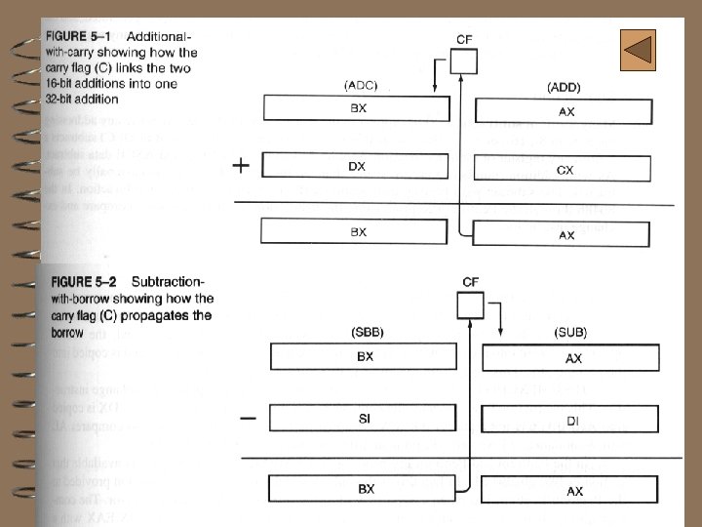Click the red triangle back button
[x=638, y=50]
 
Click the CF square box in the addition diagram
[x=463, y=62]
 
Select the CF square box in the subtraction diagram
[x=470, y=306]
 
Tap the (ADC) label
[x=360, y=86]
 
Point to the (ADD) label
[x=564, y=87]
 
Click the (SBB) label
[x=367, y=332]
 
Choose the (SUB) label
[x=570, y=333]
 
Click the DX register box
[x=358, y=166]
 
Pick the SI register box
[x=365, y=417]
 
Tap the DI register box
[x=572, y=420]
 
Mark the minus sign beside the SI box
[x=248, y=419]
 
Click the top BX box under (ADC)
[x=358, y=108]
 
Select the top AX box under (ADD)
[x=563, y=110]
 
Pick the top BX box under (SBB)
[x=365, y=356]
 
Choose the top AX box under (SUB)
[x=572, y=358]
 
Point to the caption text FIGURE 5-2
[x=84, y=282]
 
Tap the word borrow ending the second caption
[x=70, y=332]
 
